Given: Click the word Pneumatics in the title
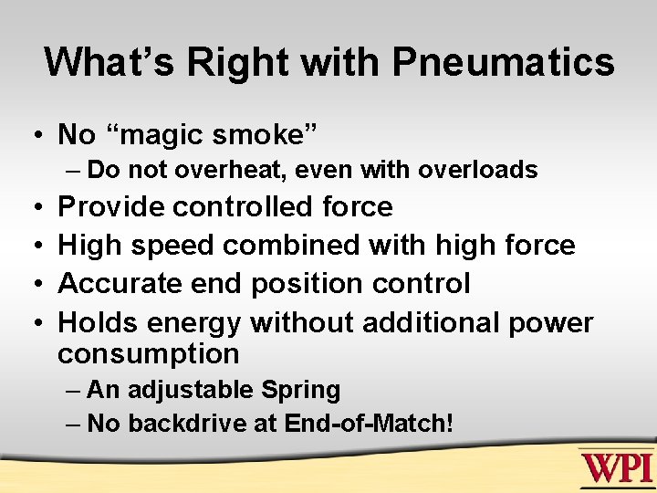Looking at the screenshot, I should [503, 63].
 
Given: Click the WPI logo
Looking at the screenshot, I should [616, 467].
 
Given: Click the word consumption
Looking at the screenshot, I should [148, 353].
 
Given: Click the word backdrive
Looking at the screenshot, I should [182, 425].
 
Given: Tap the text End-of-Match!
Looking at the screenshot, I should [369, 425].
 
